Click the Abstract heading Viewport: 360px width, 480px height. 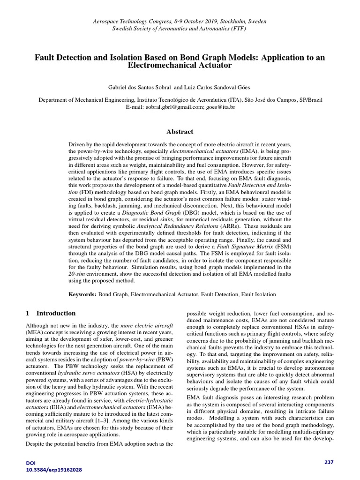(x=180, y=132)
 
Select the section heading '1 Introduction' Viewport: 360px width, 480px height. (x=51, y=313)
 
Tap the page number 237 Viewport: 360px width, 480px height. (x=329, y=462)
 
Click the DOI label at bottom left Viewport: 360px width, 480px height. (x=31, y=463)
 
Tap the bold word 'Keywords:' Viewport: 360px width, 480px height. (x=82, y=294)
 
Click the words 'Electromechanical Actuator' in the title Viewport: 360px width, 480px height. (x=180, y=66)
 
